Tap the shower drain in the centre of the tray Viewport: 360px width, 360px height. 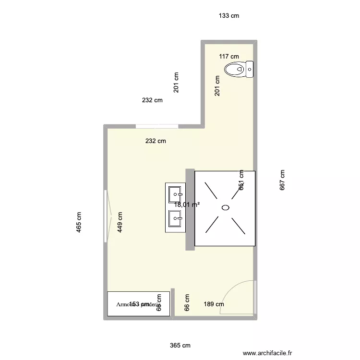[x=225, y=208]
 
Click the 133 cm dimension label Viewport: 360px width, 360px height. [x=229, y=16]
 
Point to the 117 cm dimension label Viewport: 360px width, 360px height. [x=229, y=57]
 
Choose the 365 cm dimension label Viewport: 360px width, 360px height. [x=180, y=346]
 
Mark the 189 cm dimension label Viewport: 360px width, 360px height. [x=214, y=304]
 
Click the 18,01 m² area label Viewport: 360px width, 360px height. [x=187, y=204]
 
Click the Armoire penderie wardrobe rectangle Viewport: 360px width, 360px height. [x=138, y=304]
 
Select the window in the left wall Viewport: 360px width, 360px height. [x=106, y=216]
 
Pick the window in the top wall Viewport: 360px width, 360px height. [x=156, y=126]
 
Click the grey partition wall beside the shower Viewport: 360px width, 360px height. [x=190, y=209]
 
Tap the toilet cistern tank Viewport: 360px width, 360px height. [x=250, y=69]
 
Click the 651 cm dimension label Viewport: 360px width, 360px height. [x=241, y=180]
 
